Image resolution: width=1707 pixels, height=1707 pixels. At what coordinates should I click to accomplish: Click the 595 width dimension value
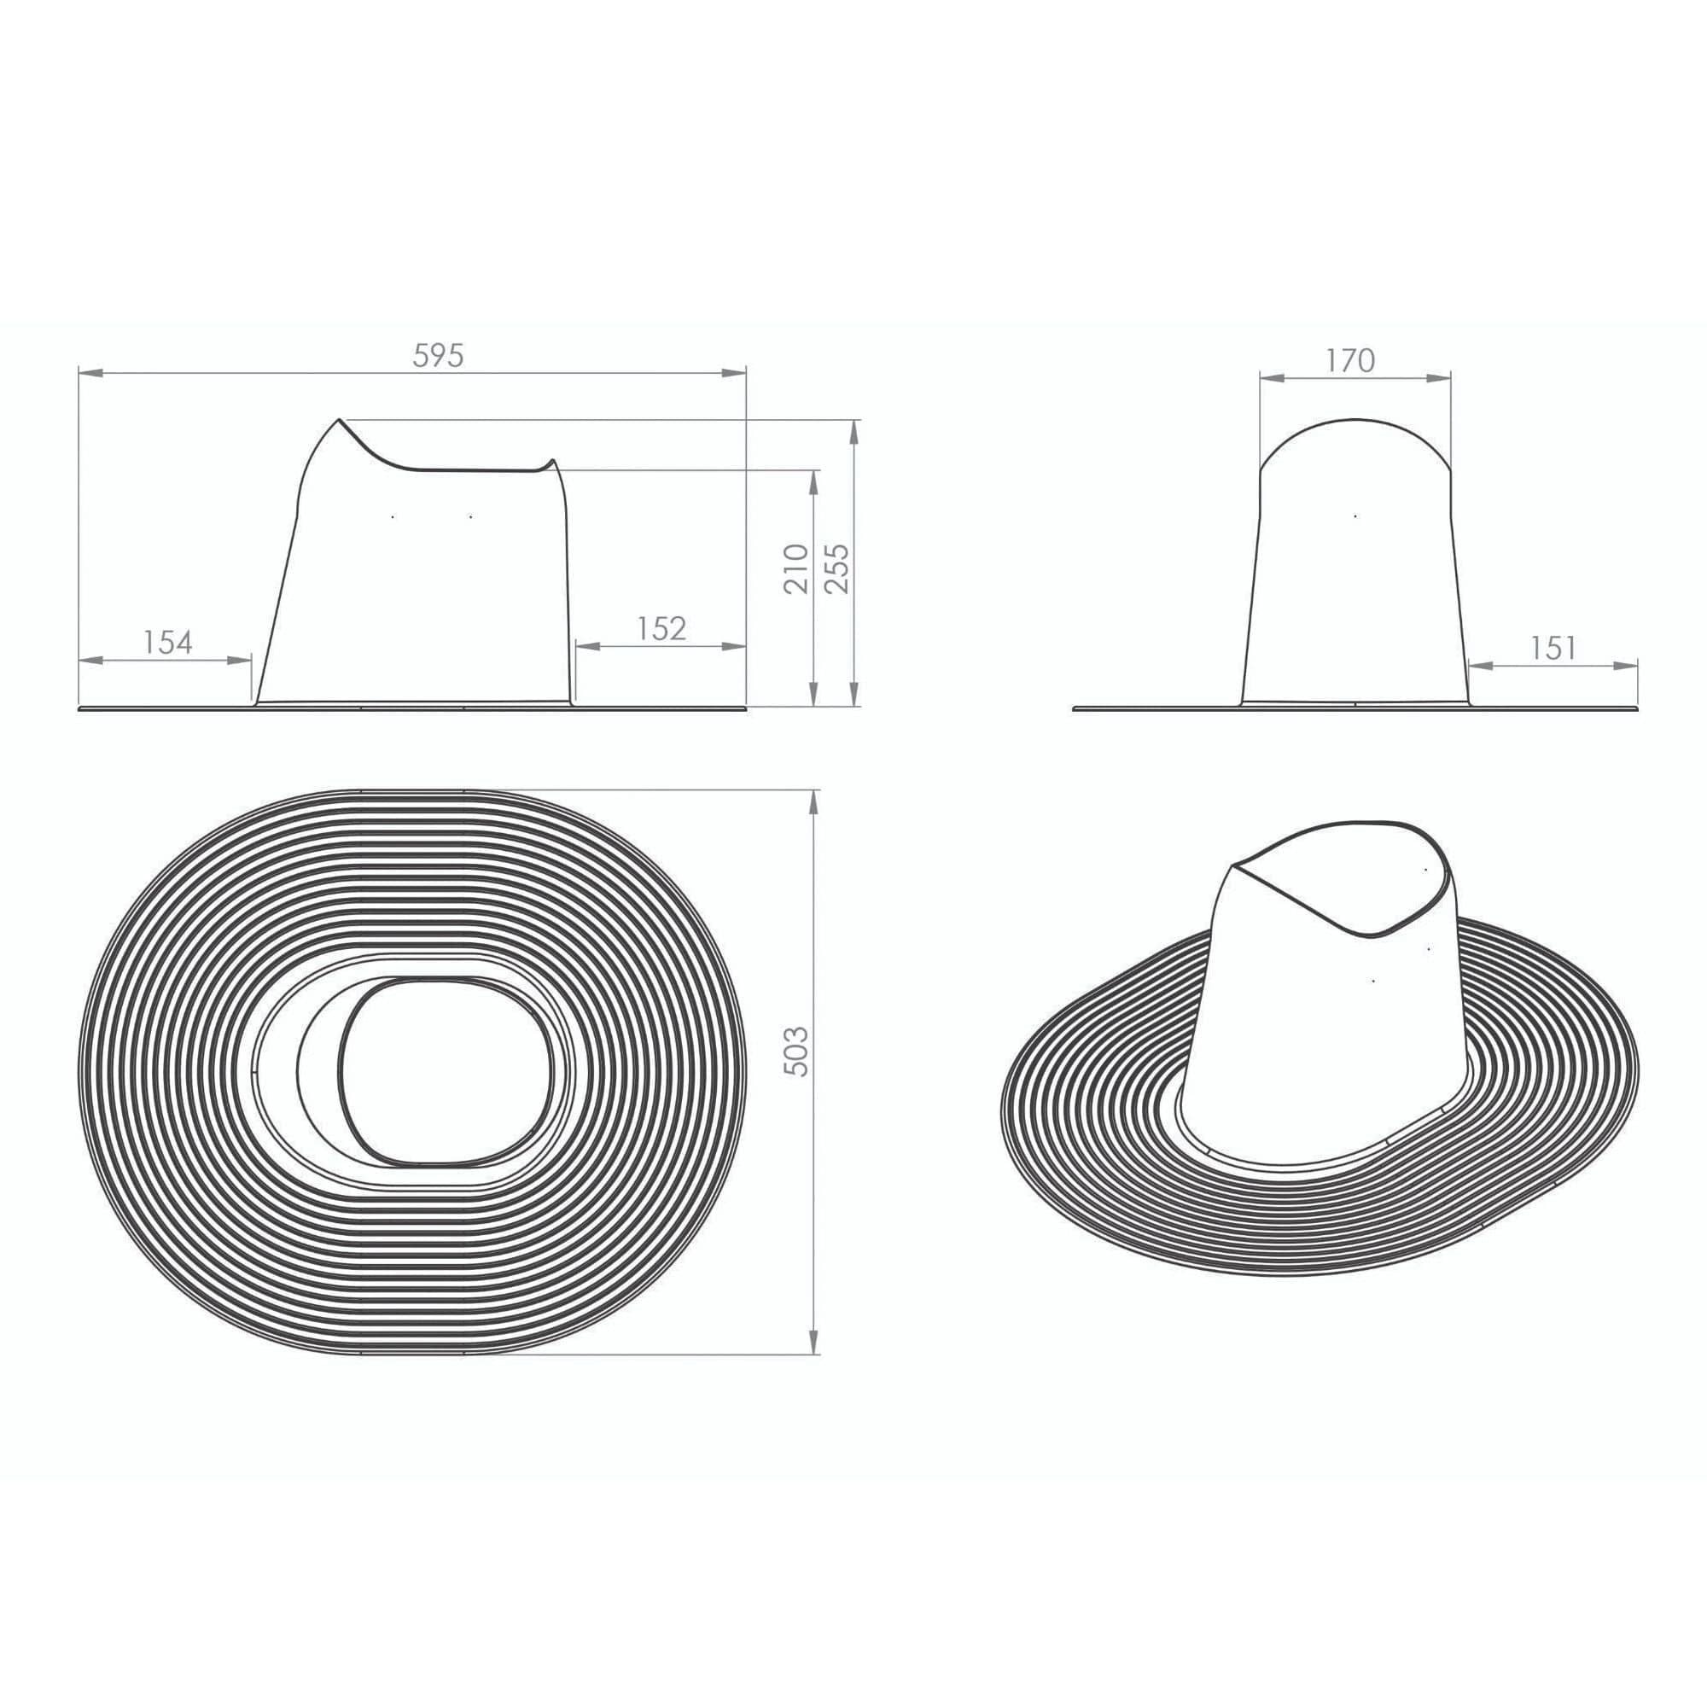pos(438,355)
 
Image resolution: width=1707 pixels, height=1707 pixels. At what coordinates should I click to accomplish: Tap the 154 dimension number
pos(168,643)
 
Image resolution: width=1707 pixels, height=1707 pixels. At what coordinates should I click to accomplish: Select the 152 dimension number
pos(661,628)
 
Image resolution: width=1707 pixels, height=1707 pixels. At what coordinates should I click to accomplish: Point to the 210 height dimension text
pos(796,569)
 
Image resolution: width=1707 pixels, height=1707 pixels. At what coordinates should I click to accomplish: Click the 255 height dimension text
pos(836,568)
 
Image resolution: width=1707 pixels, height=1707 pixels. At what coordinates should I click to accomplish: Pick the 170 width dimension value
pos(1351,360)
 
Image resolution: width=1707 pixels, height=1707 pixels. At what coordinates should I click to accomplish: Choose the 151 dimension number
pos(1553,649)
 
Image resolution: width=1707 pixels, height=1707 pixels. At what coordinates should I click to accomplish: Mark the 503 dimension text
pos(796,1052)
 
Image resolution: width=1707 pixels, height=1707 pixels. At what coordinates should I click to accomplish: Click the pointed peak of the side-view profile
pos(340,420)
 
